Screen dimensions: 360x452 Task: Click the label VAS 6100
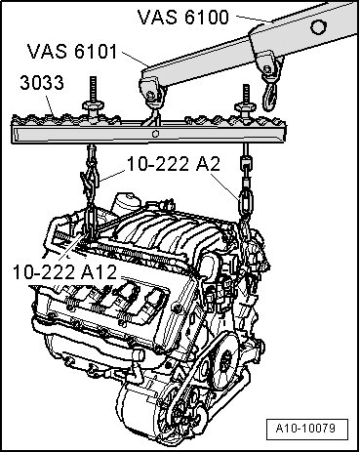coord(183,17)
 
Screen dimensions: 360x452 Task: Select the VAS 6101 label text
coord(72,51)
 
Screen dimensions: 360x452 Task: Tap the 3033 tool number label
coord(42,83)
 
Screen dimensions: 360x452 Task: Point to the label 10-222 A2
coord(174,164)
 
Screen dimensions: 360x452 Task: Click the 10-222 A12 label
coord(64,272)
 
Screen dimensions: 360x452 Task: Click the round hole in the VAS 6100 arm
coord(318,26)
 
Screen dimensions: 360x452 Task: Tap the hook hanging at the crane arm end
coord(269,95)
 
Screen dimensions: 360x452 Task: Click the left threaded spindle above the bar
coord(93,90)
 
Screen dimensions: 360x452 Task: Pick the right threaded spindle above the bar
coord(246,94)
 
